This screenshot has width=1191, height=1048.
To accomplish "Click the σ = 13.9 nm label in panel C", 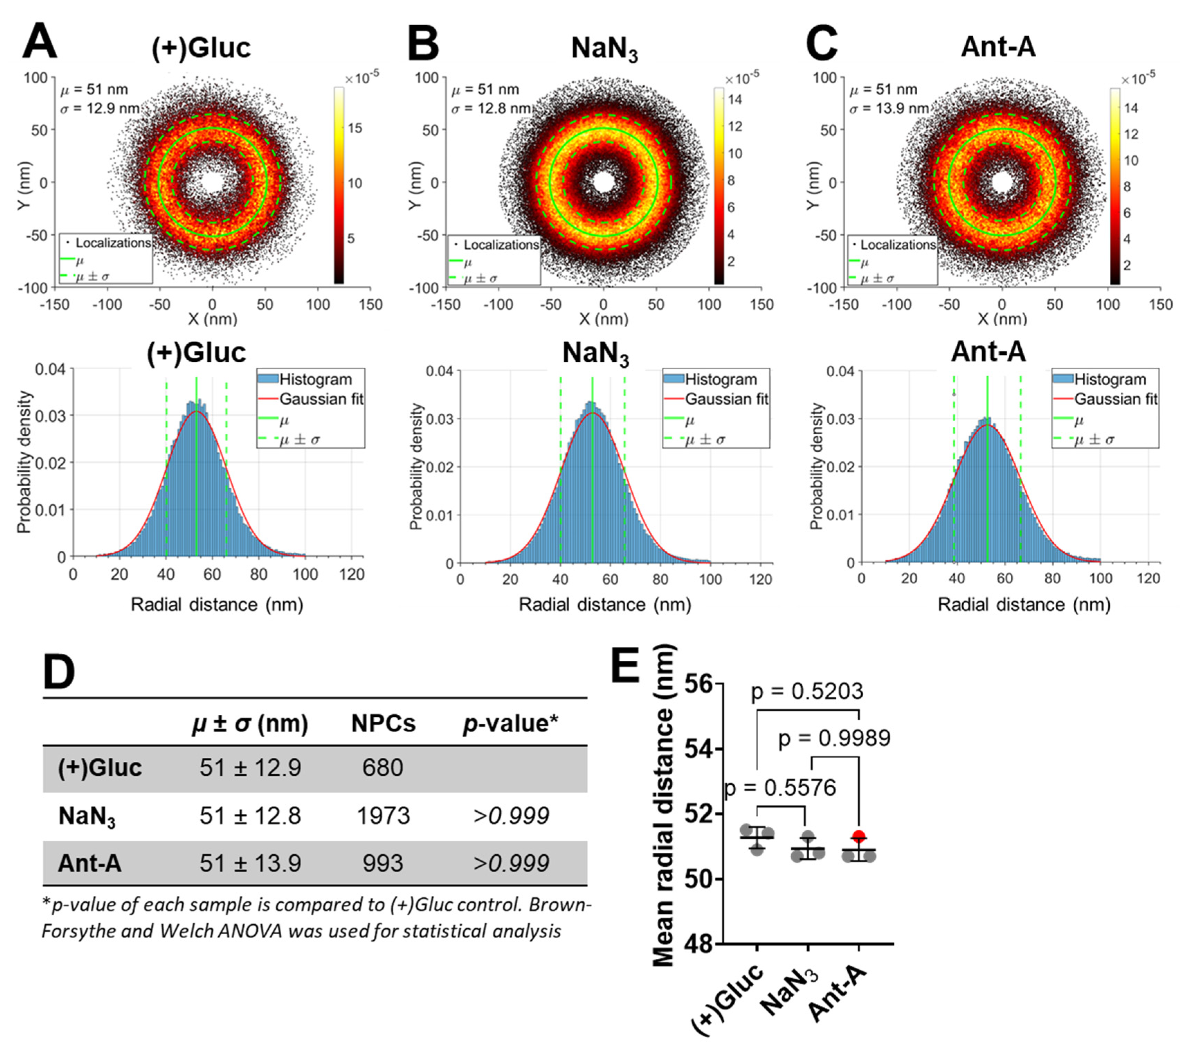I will (x=889, y=108).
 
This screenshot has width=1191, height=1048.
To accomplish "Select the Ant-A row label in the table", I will (x=90, y=863).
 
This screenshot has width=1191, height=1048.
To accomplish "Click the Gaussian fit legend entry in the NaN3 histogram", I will (x=726, y=399).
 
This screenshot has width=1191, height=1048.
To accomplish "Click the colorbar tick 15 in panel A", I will (x=355, y=128).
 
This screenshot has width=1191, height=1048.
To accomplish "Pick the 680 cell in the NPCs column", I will (x=382, y=768).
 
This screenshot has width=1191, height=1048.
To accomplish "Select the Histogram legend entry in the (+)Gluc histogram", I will (x=315, y=379).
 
